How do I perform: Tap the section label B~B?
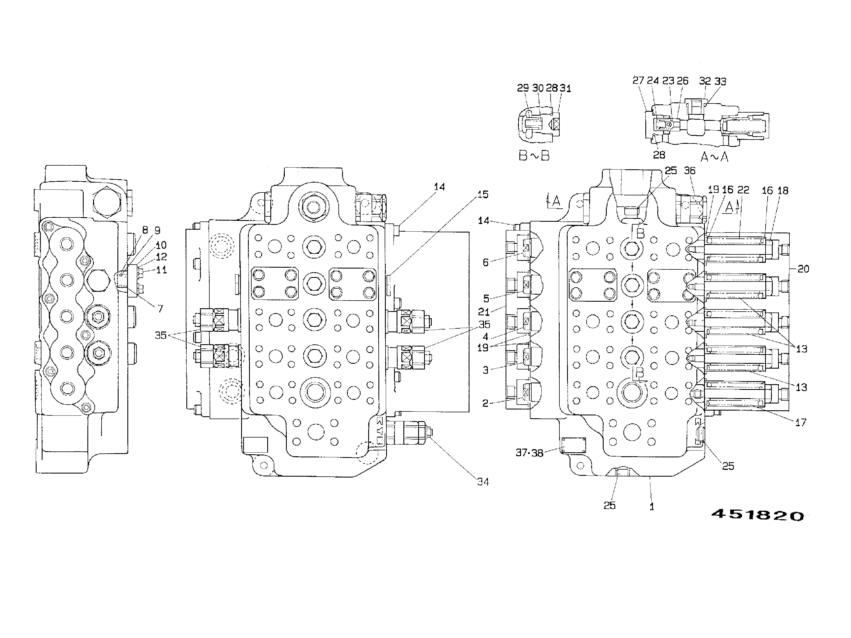(534, 155)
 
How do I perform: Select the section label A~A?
(715, 157)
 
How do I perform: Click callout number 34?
(483, 481)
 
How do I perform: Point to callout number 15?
(483, 195)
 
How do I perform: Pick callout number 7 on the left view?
(160, 309)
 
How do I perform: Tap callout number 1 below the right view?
(652, 507)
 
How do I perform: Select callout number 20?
(803, 269)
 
